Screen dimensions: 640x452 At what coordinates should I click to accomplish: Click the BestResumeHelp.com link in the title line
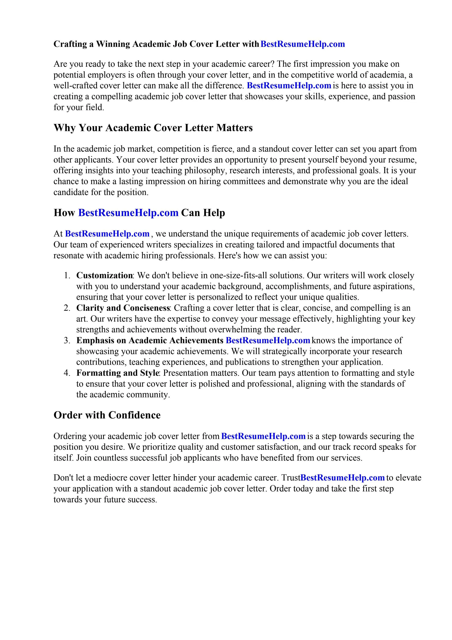click(x=302, y=44)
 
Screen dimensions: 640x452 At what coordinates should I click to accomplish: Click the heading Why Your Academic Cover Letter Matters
click(x=153, y=128)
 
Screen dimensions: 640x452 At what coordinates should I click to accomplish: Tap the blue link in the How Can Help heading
click(x=128, y=213)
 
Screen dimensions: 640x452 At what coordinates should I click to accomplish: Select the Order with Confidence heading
click(x=107, y=415)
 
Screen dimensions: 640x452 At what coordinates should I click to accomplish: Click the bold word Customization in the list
click(x=105, y=275)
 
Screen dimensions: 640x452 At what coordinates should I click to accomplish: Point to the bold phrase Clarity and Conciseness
click(x=123, y=308)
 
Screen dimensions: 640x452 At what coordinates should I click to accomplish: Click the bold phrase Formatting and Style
click(x=118, y=373)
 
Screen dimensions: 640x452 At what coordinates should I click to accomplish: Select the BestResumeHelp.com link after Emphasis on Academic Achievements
click(x=268, y=340)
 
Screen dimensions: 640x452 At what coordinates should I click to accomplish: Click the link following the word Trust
click(x=343, y=478)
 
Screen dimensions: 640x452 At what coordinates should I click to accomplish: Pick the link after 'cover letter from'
click(x=263, y=436)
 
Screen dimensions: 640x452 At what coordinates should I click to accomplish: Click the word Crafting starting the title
click(x=70, y=44)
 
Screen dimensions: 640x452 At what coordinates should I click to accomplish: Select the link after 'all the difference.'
click(x=289, y=86)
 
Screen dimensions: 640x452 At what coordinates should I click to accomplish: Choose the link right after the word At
click(x=107, y=234)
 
